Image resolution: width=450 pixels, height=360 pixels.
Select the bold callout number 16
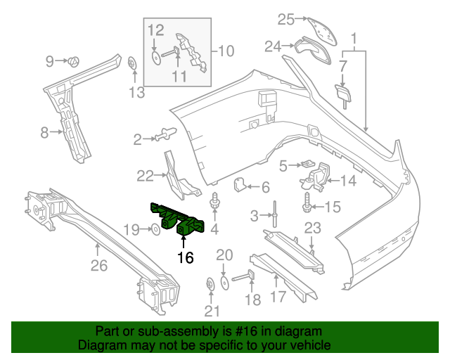[x=185, y=258]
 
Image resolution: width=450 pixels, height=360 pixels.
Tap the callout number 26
[x=99, y=266]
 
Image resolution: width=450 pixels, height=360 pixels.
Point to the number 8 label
[x=44, y=131]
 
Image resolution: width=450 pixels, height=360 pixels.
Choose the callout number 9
[x=50, y=61]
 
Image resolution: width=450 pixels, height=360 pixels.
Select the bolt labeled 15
[x=308, y=206]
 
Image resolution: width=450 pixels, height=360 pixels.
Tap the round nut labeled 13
[x=133, y=64]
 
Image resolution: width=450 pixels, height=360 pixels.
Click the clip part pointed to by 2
[x=167, y=132]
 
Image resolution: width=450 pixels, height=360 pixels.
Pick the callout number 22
[x=145, y=175]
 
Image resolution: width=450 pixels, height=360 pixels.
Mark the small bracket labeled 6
[x=239, y=185]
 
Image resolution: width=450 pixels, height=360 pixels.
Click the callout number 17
[x=279, y=297]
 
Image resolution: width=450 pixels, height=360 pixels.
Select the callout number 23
[x=312, y=227]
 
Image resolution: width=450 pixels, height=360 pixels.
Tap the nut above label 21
[x=210, y=284]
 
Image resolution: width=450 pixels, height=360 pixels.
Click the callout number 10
[x=226, y=51]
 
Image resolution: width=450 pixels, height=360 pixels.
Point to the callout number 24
[x=272, y=46]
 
